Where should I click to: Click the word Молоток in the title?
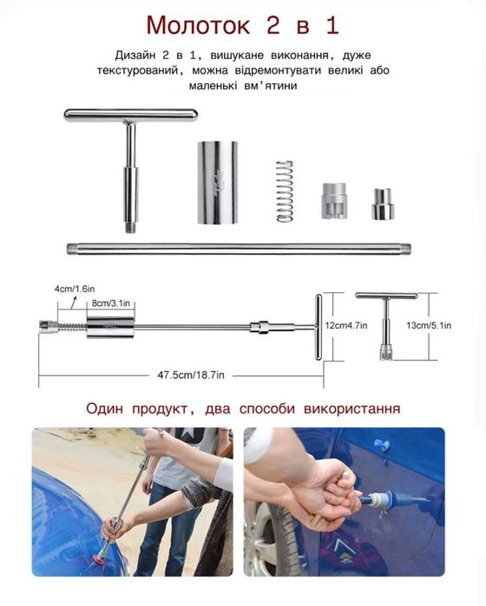(x=198, y=25)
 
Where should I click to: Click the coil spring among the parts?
(x=285, y=191)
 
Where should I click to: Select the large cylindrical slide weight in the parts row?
(x=218, y=182)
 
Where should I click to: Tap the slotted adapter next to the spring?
(x=334, y=201)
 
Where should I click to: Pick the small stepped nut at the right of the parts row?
(x=383, y=204)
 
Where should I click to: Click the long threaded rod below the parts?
(x=239, y=249)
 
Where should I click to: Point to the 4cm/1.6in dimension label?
(x=75, y=289)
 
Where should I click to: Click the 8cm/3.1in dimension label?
(x=111, y=303)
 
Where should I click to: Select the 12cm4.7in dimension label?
(x=346, y=325)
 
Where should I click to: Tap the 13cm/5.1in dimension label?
(x=429, y=325)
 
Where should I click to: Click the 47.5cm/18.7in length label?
(x=191, y=375)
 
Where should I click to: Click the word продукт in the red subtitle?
(x=161, y=408)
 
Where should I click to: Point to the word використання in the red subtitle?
(x=352, y=408)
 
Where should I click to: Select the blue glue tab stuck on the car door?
(x=381, y=446)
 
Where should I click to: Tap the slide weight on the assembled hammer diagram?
(x=110, y=328)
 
